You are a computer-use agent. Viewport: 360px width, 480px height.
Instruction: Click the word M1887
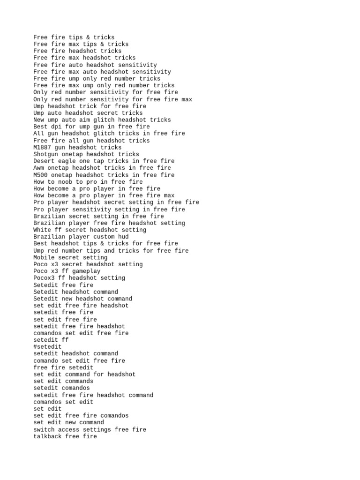(x=42, y=147)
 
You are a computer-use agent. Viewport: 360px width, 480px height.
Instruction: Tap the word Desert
(x=44, y=161)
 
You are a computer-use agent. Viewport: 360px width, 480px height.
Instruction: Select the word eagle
(x=68, y=161)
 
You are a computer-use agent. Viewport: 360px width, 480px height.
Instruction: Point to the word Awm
(x=39, y=168)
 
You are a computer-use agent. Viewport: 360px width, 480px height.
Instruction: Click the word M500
(x=40, y=175)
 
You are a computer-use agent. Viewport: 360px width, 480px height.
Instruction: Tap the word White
(x=42, y=230)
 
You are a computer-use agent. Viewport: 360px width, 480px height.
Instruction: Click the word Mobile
(x=44, y=257)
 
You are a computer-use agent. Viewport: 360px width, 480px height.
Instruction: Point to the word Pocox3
(x=44, y=278)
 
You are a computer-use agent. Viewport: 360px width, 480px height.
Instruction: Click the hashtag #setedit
(x=47, y=347)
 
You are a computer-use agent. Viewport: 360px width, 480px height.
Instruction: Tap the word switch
(x=44, y=429)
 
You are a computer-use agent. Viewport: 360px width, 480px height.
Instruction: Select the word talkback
(x=47, y=436)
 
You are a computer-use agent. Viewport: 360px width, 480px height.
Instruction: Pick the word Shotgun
(x=45, y=154)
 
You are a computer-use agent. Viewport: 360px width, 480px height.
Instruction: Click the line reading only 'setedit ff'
(x=51, y=340)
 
